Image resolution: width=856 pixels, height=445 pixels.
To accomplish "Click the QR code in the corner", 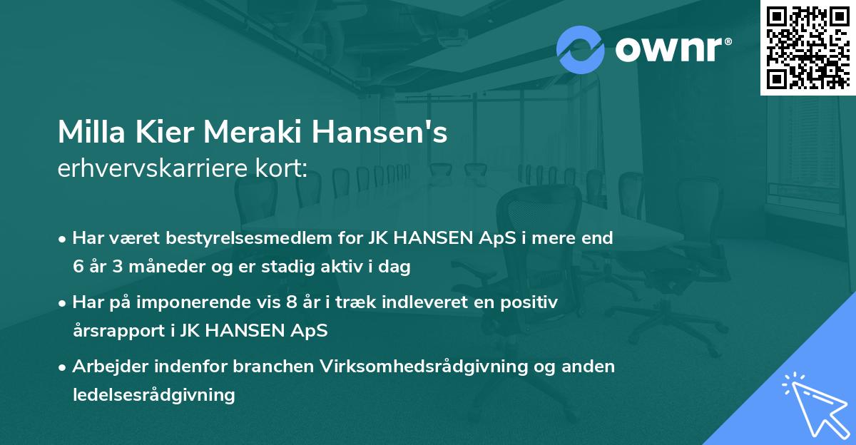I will tap(808, 47).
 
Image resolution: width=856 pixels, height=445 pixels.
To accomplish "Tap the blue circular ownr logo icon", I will tap(581, 49).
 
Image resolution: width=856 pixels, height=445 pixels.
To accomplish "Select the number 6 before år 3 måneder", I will tap(78, 267).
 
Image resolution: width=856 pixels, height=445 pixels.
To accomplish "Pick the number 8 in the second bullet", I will tap(290, 302).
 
